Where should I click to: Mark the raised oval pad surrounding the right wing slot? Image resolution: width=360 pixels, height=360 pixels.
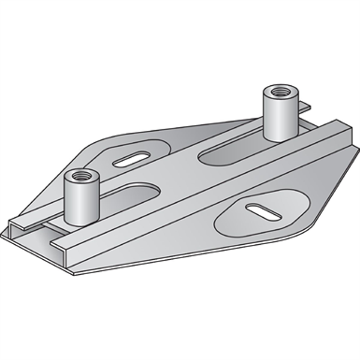240,219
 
